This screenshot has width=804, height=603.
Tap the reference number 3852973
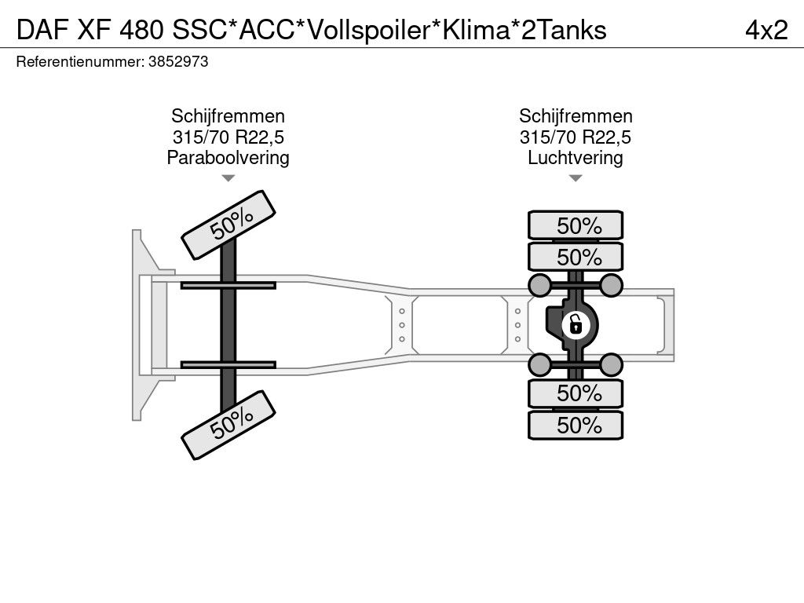(177, 62)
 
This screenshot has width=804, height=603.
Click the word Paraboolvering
(228, 158)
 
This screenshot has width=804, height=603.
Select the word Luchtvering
(576, 158)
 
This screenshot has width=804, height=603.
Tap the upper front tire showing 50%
(229, 224)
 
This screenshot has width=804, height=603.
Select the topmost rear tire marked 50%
(576, 225)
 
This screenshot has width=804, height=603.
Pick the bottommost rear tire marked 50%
(576, 425)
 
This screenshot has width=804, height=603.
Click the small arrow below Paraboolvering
(228, 178)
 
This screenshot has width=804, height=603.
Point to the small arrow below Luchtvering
(576, 178)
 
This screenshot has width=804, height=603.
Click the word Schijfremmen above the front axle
(228, 116)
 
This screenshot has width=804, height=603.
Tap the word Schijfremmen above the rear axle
(576, 116)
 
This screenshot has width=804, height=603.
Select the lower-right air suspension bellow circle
(612, 364)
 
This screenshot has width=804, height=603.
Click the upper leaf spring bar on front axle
(228, 285)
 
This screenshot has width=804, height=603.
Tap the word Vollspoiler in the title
(367, 30)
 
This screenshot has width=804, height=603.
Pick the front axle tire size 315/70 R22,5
(228, 137)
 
